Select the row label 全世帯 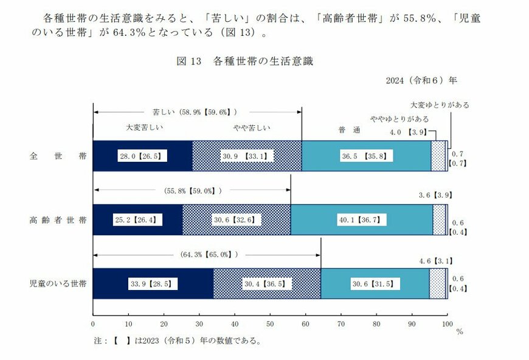pyautogui.click(x=58, y=156)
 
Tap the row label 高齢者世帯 pyautogui.click(x=58, y=220)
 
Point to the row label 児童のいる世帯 pyautogui.click(x=58, y=283)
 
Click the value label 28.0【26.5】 pyautogui.click(x=142, y=156)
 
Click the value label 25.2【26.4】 pyautogui.click(x=137, y=220)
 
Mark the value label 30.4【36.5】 pyautogui.click(x=267, y=283)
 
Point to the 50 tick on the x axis pyautogui.click(x=270, y=323)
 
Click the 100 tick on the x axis pyautogui.click(x=448, y=323)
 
